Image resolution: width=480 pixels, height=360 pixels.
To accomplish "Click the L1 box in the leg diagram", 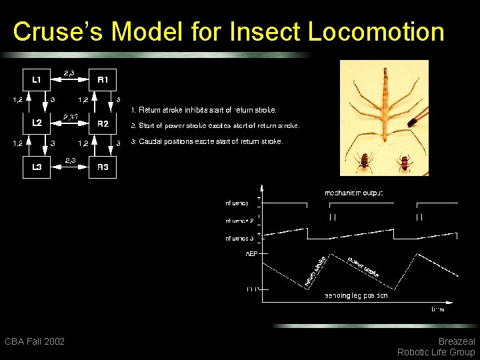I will point(37,80).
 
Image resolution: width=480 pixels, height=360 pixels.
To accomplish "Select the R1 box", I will point(103,80).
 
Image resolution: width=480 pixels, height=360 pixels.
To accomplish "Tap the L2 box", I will point(37,123).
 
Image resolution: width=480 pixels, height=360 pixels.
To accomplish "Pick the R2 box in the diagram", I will point(103,123).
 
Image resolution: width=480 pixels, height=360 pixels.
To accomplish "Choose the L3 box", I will point(37,167).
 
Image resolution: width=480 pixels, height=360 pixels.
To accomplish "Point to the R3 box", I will point(103,167).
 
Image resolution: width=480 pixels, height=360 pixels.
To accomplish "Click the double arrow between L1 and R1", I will point(69,79).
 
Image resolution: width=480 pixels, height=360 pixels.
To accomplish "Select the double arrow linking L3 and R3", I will point(69,167).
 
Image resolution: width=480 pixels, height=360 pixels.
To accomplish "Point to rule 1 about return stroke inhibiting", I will point(203,109).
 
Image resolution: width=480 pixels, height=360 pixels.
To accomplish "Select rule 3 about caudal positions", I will point(207,141).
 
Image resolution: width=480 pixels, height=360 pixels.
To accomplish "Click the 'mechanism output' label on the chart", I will point(353,193).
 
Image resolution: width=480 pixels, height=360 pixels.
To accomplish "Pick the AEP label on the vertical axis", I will point(251,254).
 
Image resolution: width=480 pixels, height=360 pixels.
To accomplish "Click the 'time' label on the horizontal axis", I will point(437,309).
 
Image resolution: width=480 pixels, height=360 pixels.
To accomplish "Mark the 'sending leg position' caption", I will point(356,295).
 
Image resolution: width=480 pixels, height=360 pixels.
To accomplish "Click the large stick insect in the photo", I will point(383,107).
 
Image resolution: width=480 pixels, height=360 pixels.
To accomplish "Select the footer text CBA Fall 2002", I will point(35,341).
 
